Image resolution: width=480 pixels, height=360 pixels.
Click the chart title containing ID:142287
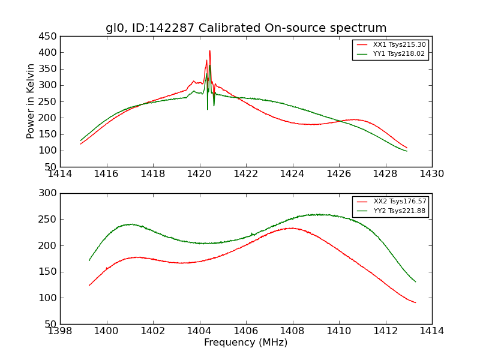pos(246,28)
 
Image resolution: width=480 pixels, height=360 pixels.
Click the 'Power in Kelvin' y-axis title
pos(31,101)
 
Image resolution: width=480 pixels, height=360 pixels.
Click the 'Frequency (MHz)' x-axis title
pos(246,343)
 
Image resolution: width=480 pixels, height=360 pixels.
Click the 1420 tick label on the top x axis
pos(199,174)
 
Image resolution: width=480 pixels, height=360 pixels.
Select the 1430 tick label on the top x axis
pos(432,174)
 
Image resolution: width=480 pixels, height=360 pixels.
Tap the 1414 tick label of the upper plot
pos(60,174)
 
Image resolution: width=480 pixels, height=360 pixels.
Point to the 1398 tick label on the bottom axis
pos(60,331)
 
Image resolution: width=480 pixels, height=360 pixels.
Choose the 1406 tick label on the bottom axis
pos(246,331)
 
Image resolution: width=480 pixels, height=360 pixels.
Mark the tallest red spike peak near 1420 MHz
pos(209,51)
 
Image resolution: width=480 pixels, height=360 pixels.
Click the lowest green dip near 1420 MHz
pos(208,109)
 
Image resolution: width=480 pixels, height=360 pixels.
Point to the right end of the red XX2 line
pos(415,302)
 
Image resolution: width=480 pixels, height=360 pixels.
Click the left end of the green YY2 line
pos(89,260)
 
